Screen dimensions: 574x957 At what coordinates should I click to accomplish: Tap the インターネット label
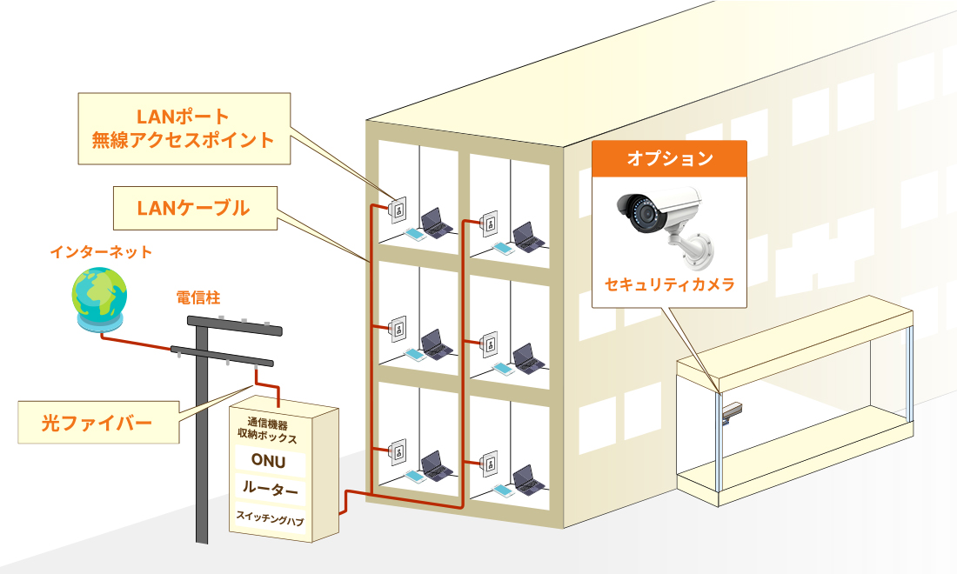[101, 252]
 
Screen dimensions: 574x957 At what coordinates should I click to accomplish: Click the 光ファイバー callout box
[97, 423]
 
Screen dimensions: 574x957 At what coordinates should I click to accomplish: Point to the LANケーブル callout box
[193, 208]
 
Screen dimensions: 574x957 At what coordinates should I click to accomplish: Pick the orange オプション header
[669, 158]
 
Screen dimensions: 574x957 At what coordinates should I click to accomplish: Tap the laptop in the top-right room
[525, 235]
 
